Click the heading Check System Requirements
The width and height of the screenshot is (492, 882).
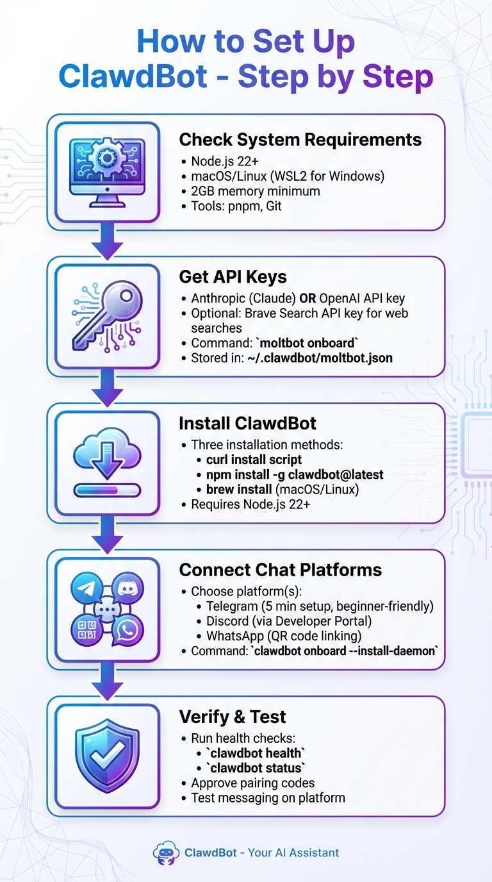300,140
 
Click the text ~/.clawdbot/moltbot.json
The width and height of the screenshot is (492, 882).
320,358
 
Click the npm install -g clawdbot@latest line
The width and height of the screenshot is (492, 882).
295,475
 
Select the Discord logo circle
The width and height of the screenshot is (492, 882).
127,588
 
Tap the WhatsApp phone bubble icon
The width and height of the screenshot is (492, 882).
127,630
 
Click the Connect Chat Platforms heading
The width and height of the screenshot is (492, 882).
280,570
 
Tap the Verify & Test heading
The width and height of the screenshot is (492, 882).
233,717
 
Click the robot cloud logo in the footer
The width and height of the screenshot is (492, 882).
166,853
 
